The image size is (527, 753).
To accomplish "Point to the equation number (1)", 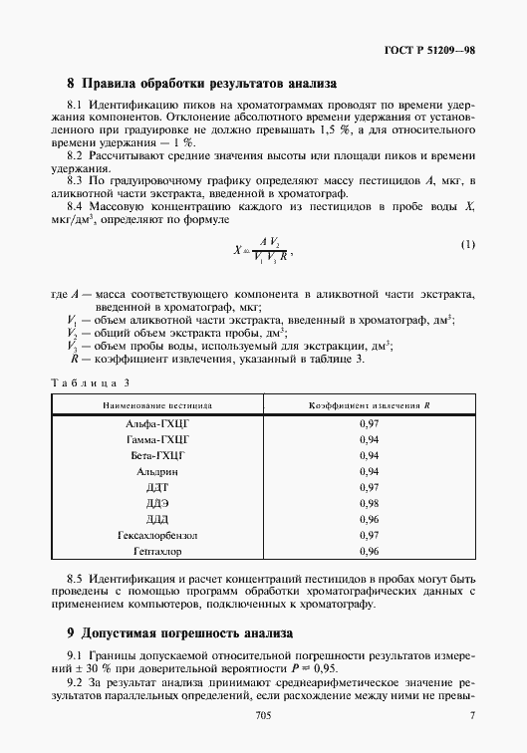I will click(x=467, y=244).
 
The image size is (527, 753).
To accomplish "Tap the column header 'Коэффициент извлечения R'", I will click(x=368, y=406).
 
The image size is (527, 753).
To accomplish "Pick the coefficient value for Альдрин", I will click(x=368, y=471).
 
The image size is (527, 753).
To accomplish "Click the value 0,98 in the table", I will click(x=368, y=503).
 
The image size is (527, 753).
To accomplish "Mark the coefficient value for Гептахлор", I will click(x=368, y=551).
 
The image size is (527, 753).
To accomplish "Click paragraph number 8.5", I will click(x=76, y=579).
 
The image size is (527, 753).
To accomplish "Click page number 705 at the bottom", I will click(x=263, y=716).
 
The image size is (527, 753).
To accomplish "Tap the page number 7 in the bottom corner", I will click(x=471, y=716).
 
